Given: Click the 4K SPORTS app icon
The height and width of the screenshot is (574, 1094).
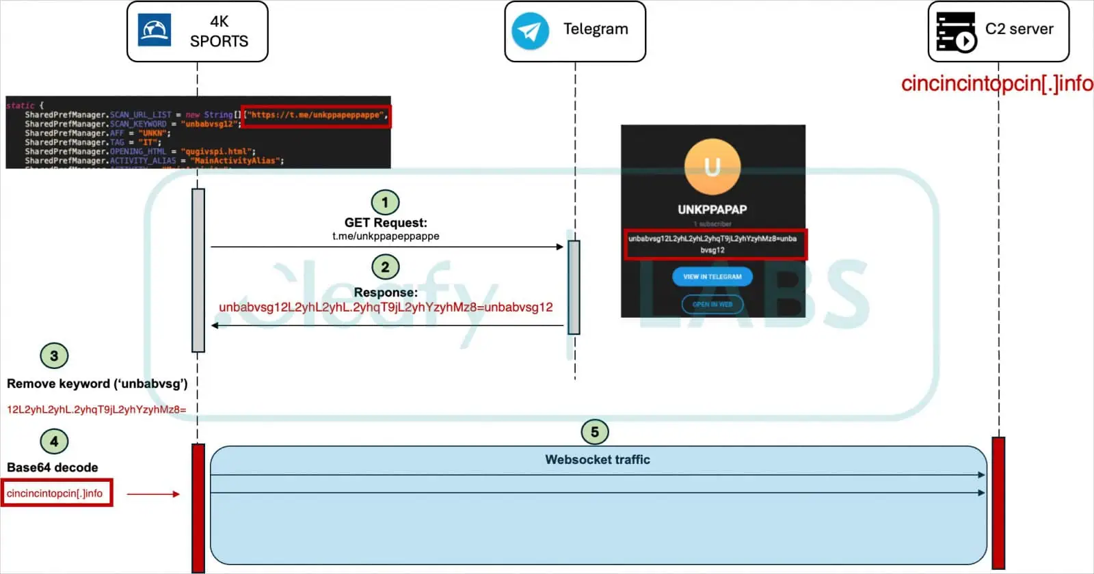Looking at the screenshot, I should point(155,31).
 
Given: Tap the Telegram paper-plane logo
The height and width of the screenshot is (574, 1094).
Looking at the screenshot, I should point(530,31).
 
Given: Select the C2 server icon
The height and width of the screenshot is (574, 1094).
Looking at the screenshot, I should point(956,31).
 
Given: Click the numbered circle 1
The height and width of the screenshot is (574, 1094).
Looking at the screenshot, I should point(385,202).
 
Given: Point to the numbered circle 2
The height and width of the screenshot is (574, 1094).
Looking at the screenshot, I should point(385,267).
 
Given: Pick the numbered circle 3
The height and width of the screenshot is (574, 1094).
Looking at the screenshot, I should point(54,356).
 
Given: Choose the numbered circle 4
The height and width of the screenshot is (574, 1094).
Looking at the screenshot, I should point(54,441).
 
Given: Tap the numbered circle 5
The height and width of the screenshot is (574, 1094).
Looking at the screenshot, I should point(594,432).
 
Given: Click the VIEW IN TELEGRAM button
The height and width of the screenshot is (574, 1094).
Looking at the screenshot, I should point(712,277).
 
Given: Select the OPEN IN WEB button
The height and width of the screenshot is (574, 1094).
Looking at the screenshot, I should point(712,304).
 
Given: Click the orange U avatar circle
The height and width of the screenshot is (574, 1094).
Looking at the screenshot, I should point(712,167).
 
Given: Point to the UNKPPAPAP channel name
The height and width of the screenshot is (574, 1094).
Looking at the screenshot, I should point(712,210).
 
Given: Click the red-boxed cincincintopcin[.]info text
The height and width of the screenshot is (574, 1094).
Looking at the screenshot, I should point(56,493).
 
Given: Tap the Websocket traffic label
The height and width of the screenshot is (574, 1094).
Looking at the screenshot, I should point(598,460).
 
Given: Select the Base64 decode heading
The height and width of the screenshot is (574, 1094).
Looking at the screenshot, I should point(53,467).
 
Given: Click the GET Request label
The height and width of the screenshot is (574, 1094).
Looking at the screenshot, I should point(386,223).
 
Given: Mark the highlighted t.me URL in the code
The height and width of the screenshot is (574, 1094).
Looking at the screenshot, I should point(317,115).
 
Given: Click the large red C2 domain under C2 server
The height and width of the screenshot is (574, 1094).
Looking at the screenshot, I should point(997,83).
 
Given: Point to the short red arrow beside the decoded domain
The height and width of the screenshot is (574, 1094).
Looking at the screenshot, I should point(153,493).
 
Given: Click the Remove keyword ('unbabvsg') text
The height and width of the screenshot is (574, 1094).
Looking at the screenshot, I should point(97,384).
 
